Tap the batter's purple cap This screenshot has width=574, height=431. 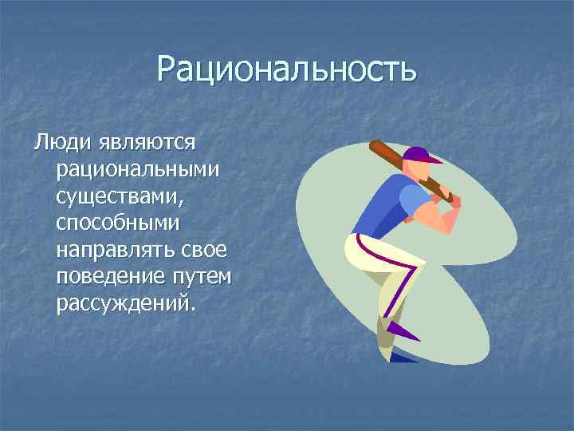point(420,154)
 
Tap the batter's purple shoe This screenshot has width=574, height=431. point(398,328)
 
